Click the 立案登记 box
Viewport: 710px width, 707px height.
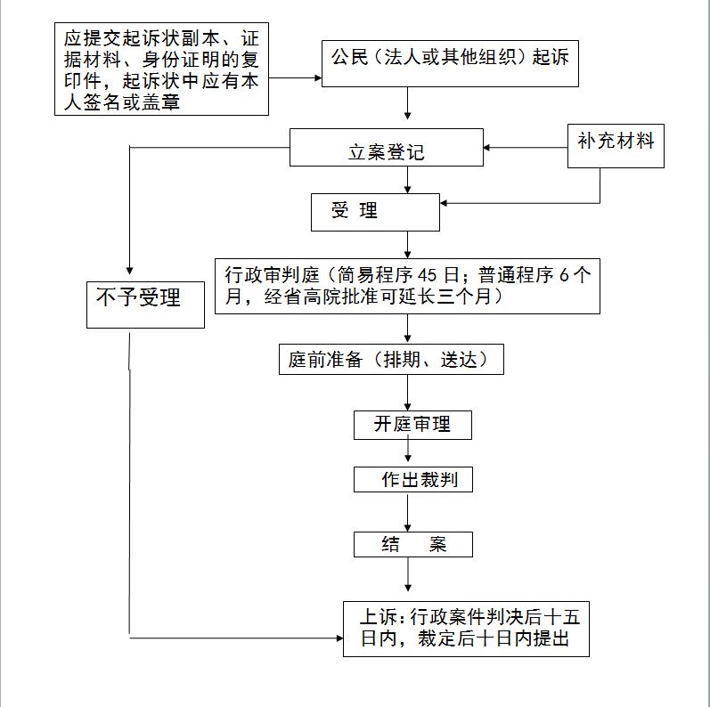[x=387, y=147]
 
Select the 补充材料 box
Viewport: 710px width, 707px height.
[x=616, y=146]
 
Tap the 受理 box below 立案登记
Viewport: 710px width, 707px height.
[x=375, y=212]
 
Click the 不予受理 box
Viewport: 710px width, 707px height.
[x=145, y=305]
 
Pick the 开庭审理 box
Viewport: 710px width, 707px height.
[x=412, y=425]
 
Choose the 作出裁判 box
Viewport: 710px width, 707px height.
[x=413, y=479]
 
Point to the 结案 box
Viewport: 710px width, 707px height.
[x=413, y=544]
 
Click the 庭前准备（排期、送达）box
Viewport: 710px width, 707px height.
[x=391, y=360]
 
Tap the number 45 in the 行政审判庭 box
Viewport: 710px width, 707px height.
[x=428, y=275]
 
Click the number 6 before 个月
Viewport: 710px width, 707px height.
[x=564, y=275]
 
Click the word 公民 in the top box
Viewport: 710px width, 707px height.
[x=349, y=57]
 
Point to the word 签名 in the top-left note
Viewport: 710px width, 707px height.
[x=102, y=102]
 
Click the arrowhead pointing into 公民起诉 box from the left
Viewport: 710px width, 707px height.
[x=318, y=77]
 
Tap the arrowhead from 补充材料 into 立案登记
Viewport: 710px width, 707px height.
[x=486, y=148]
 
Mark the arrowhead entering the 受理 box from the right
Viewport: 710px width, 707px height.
[x=444, y=203]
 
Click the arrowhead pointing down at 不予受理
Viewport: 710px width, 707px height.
[x=129, y=271]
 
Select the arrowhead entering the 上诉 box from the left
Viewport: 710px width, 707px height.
[x=340, y=638]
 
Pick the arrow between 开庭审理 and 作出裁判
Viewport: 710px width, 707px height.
[x=408, y=451]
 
